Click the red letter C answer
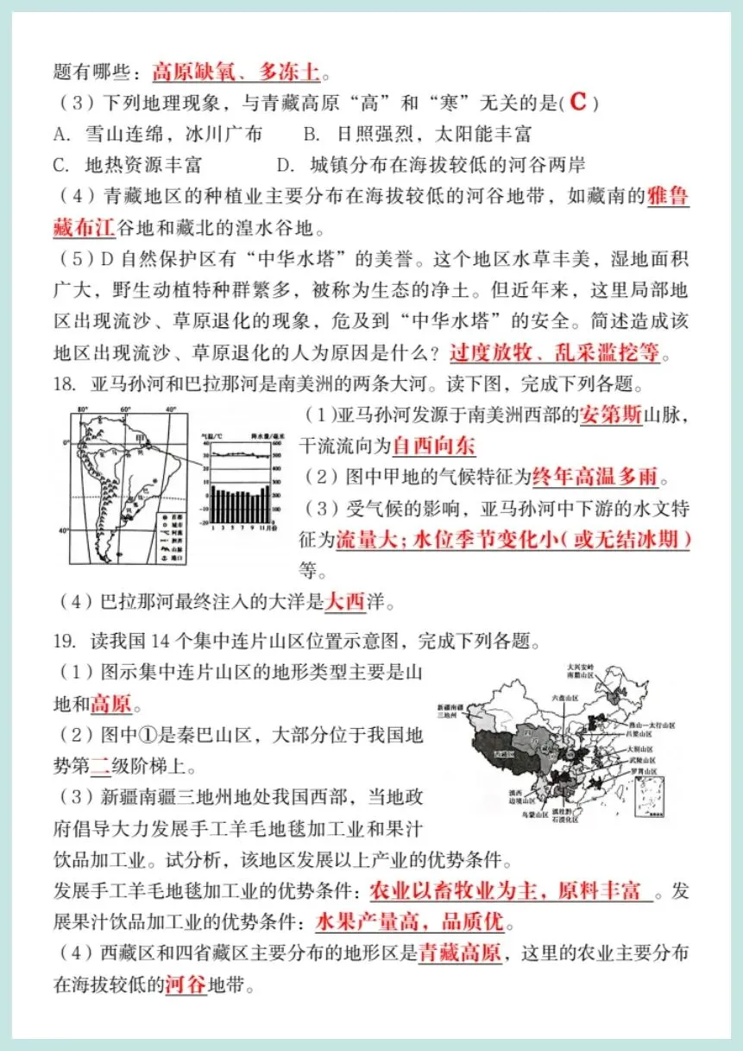578,102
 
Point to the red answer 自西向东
434,446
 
